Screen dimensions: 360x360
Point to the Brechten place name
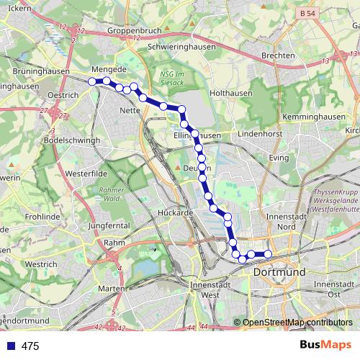point(279,55)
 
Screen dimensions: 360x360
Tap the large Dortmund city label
point(279,272)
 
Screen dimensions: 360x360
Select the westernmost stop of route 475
point(92,81)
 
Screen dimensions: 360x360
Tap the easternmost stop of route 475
point(268,253)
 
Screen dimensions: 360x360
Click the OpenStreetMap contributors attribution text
point(297,323)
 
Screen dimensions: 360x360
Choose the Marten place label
point(112,289)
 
